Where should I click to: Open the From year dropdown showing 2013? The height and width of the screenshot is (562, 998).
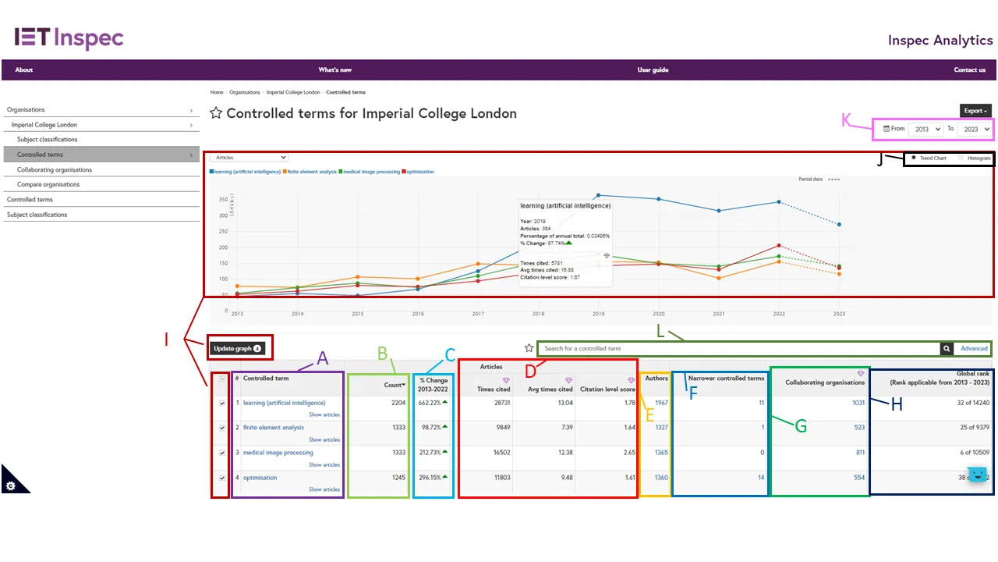(925, 129)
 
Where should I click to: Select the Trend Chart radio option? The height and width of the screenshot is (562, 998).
(914, 158)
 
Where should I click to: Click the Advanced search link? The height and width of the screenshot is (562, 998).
(974, 349)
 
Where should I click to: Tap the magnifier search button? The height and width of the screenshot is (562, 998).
(947, 349)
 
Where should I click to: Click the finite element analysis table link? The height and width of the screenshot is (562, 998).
(274, 428)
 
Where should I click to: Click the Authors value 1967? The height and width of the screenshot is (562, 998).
(661, 403)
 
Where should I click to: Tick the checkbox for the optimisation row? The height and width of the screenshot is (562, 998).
(222, 478)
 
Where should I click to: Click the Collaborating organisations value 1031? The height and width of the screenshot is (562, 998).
(858, 403)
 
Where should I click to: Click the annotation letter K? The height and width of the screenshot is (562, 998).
(847, 120)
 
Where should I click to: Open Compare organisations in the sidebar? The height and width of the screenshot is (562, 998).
(48, 185)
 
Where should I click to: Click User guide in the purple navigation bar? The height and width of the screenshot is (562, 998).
(653, 70)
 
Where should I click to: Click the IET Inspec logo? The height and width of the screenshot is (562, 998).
(69, 37)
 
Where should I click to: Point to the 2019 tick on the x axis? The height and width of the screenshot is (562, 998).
(598, 313)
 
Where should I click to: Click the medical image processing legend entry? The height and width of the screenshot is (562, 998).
(370, 172)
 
